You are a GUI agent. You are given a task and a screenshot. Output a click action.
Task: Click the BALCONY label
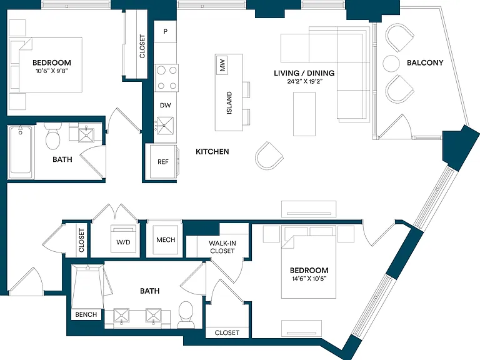(425, 62)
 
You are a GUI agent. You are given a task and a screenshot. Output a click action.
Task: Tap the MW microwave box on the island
(222, 65)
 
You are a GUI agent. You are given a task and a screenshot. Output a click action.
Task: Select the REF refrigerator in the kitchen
(162, 161)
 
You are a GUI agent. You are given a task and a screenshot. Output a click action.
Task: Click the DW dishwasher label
(165, 105)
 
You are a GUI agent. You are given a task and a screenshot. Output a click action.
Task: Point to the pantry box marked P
(165, 31)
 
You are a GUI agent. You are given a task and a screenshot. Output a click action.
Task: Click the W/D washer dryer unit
(123, 239)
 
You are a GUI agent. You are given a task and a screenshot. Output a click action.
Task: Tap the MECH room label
(166, 240)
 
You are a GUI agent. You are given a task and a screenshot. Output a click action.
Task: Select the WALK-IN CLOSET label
(222, 247)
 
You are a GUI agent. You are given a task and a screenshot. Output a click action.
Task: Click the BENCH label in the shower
(86, 314)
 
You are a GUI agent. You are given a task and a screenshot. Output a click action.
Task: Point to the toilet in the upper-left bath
(52, 136)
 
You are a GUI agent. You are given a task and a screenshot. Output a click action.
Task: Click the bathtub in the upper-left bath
(21, 151)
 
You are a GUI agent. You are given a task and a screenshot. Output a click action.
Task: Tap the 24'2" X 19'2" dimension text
(304, 82)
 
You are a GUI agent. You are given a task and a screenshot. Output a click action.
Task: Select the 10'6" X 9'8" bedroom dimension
(52, 71)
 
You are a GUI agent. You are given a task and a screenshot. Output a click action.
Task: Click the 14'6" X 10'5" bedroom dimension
(309, 279)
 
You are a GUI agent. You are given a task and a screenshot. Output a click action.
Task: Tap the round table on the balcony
(391, 63)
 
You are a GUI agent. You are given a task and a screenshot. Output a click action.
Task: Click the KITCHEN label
(212, 151)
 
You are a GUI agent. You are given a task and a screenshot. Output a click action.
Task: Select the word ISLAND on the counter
(229, 103)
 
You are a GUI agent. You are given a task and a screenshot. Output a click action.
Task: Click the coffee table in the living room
(304, 114)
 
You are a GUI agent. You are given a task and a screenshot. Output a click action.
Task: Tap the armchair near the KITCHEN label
(269, 156)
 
